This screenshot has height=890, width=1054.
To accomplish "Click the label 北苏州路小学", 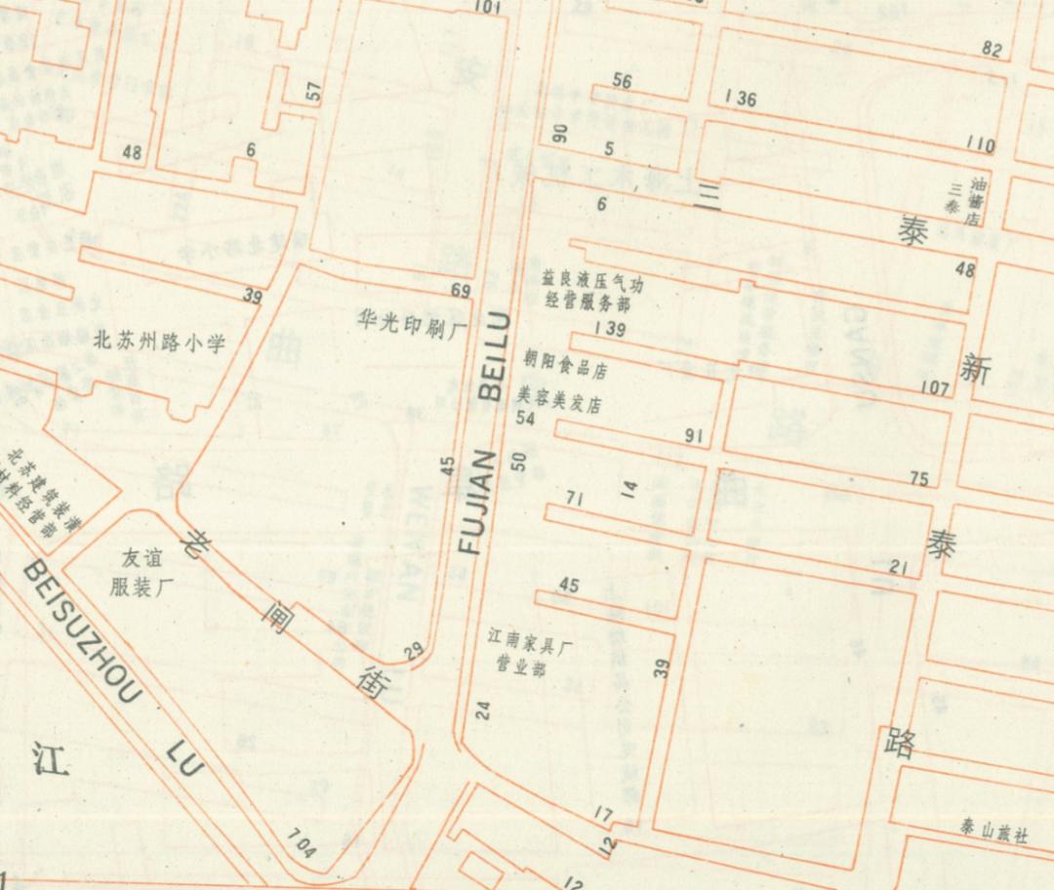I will [159, 342].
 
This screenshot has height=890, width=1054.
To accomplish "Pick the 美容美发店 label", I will [558, 400].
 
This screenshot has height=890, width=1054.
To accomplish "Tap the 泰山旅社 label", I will [993, 833].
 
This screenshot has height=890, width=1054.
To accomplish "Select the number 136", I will [741, 98].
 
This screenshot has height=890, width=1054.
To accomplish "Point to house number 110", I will [981, 144].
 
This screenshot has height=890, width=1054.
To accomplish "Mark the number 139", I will [609, 330].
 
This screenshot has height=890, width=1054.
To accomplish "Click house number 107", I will [934, 388].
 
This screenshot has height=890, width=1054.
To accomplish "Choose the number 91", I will [694, 435].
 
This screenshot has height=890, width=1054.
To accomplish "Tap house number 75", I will [919, 478].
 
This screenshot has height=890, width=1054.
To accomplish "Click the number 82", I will [992, 50].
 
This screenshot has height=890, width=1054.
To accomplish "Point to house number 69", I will [461, 290].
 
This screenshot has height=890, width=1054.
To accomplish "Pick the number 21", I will [899, 568].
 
